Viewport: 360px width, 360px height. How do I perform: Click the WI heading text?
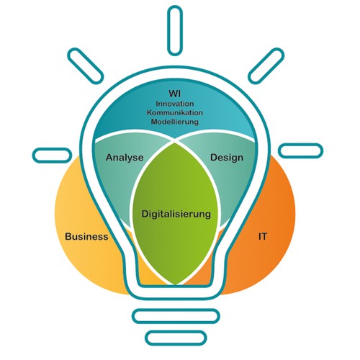point(174,93)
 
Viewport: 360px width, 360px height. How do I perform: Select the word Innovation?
point(175,104)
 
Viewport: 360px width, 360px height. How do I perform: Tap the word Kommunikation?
point(175,112)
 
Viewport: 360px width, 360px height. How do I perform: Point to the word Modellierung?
point(175,122)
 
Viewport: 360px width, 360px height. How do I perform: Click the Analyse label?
point(125,158)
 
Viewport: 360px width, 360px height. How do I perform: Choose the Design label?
point(227,158)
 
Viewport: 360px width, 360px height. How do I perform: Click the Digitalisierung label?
point(176,214)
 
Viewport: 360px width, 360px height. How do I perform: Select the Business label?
point(86,236)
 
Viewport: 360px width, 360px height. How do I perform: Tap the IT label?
point(262,237)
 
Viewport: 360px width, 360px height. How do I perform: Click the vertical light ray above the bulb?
point(175,30)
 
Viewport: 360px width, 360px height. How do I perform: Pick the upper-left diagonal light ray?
point(85,66)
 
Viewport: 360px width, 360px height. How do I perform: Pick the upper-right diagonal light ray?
point(266,66)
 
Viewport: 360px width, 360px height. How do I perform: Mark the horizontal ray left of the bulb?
point(52,155)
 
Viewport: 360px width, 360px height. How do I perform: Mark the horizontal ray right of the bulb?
point(300,150)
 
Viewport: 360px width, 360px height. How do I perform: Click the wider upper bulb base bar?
point(176,316)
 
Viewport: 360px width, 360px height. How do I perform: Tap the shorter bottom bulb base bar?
point(176,338)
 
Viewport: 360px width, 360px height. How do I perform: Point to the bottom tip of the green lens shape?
point(176,285)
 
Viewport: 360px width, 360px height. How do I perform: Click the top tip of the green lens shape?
point(176,143)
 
